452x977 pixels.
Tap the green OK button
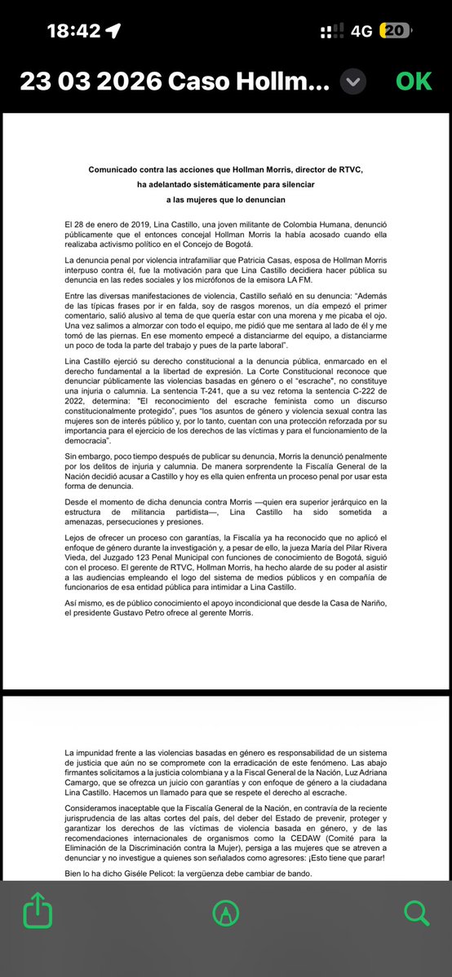[414, 81]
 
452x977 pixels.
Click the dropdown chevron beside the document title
[352, 81]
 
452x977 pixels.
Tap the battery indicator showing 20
[395, 31]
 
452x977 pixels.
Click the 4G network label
[361, 31]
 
